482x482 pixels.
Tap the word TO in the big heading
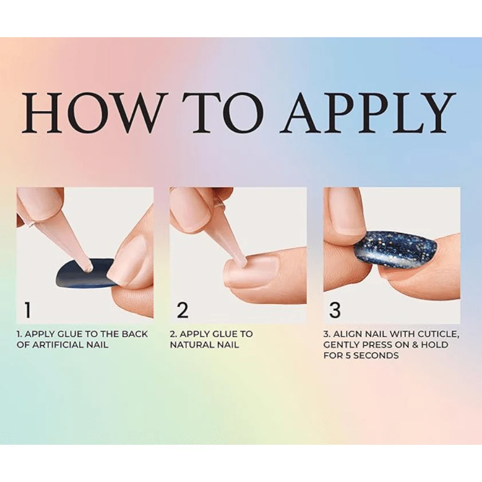tap(226, 112)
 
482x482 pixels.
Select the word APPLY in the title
tap(368, 112)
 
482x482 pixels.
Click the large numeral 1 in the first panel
tap(28, 310)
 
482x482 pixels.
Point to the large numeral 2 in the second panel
tap(183, 310)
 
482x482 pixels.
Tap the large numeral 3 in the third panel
tap(335, 310)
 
